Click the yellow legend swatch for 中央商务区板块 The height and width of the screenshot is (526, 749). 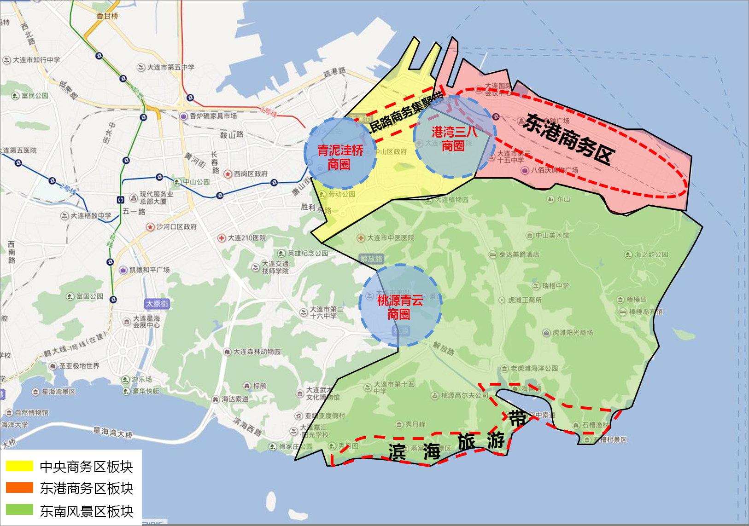[19, 466]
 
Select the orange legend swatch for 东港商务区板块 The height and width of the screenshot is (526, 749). [19, 488]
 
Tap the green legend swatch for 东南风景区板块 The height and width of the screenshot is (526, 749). [19, 510]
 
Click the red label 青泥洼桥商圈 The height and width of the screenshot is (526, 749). [340, 157]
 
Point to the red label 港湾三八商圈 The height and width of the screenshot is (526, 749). [454, 139]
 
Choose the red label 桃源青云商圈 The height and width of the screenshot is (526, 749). [399, 307]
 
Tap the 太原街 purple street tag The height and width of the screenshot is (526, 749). [157, 304]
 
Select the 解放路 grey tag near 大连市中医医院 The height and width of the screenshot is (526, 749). [371, 259]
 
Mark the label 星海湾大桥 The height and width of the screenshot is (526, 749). [113, 432]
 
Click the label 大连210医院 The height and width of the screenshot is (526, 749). [246, 238]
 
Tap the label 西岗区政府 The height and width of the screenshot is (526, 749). [250, 174]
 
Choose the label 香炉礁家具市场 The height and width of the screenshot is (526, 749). [213, 116]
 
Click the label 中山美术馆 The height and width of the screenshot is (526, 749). [551, 236]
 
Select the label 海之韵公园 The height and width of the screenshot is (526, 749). [651, 254]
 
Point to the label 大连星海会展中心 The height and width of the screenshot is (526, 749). [146, 321]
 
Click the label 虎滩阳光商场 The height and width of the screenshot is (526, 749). [572, 333]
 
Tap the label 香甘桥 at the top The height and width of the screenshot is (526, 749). [107, 16]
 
